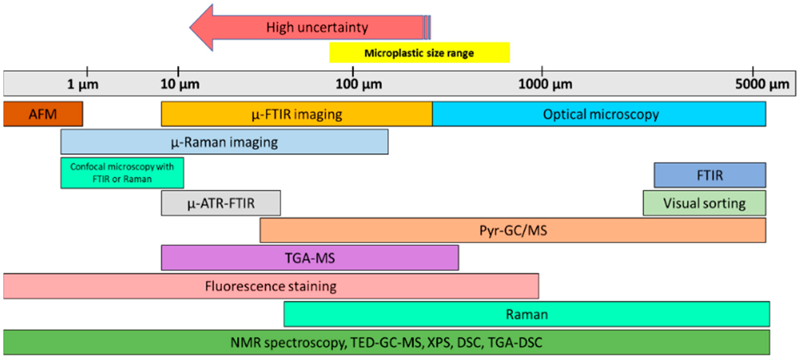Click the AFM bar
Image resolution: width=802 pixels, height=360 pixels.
point(43,114)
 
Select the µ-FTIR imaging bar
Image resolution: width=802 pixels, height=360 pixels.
point(296,114)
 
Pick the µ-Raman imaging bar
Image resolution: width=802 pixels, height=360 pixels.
point(224,142)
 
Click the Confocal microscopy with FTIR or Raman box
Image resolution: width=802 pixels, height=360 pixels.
point(122,173)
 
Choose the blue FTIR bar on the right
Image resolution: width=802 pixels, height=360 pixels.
point(710,175)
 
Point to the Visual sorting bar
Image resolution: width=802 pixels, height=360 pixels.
point(704,203)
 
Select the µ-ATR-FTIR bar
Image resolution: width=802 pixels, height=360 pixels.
point(221,203)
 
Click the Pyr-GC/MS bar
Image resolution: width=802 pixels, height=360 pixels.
point(513,231)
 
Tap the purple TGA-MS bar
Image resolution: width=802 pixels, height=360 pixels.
point(310,258)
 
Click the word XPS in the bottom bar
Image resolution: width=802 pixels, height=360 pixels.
point(439,343)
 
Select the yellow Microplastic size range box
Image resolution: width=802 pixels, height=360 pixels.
point(419,53)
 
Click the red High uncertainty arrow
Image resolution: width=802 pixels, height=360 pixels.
point(317,28)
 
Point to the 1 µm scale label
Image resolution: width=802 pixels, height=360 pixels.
point(83,84)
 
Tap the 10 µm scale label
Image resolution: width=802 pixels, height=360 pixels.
point(180,84)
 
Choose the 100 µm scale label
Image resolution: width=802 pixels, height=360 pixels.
point(359,84)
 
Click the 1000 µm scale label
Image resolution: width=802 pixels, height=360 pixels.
point(545,84)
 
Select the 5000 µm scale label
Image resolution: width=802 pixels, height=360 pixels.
point(762,84)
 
